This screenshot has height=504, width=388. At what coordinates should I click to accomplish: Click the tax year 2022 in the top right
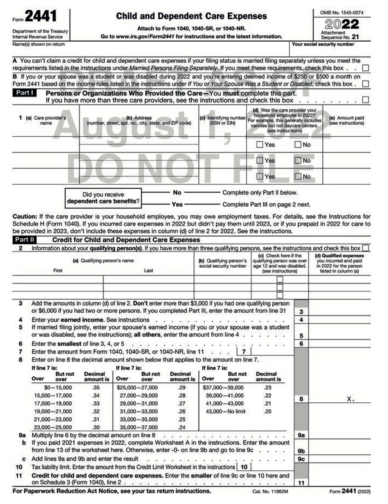click(342, 24)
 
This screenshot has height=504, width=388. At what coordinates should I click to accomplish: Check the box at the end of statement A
click(366, 68)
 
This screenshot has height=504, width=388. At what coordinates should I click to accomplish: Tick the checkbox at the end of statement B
click(366, 84)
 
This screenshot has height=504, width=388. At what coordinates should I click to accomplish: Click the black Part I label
click(25, 93)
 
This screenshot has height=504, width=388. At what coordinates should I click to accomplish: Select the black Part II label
click(25, 240)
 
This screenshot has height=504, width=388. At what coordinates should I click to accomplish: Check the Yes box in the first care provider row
click(260, 145)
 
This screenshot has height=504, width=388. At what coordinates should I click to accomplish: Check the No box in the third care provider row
click(298, 176)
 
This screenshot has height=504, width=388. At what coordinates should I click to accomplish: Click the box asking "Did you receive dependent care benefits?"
click(103, 198)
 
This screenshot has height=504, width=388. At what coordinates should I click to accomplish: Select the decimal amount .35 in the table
click(96, 388)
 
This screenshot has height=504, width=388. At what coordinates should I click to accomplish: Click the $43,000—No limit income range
click(225, 412)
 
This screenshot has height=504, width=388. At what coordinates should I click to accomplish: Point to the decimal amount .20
click(268, 412)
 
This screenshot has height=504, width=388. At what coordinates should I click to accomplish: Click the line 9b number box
click(301, 451)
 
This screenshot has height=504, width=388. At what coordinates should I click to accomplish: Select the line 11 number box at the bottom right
click(301, 483)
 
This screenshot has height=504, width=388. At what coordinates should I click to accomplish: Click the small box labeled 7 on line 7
click(243, 352)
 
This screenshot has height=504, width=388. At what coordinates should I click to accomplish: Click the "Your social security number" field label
click(323, 44)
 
